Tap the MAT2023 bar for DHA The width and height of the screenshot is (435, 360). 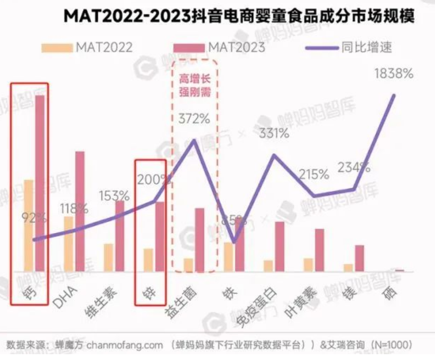(79, 211)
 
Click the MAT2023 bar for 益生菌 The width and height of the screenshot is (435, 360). (199, 239)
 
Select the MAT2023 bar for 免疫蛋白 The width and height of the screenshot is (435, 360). (280, 246)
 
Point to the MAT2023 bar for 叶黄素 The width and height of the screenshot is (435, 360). (319, 250)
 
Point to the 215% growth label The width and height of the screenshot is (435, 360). (314, 174)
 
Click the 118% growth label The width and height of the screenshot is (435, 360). (73, 208)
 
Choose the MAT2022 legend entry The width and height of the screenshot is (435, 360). (88, 47)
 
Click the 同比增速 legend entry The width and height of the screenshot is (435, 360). (348, 47)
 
